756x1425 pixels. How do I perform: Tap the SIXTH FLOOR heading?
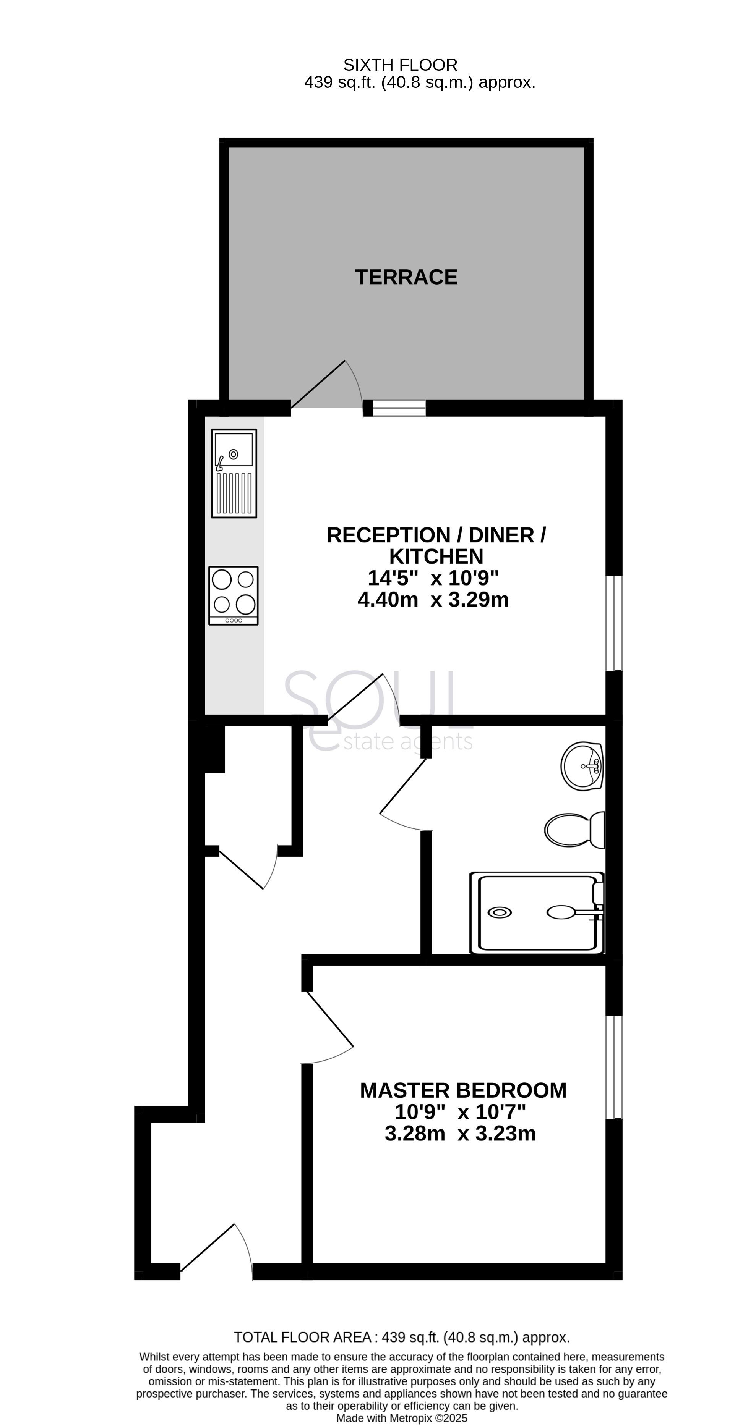pos(400,65)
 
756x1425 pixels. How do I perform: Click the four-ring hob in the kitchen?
pos(234,595)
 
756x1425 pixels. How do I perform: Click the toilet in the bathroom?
pos(574,830)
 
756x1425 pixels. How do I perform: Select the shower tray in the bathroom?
pos(536,913)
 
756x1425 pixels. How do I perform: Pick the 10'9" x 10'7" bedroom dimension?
pos(460,1112)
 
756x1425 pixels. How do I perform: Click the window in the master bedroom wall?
pos(614,1067)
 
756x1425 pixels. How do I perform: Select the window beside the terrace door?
pos(399,408)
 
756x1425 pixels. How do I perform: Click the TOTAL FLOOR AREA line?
pos(402,1337)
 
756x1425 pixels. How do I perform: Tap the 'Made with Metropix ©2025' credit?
pos(402,1419)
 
